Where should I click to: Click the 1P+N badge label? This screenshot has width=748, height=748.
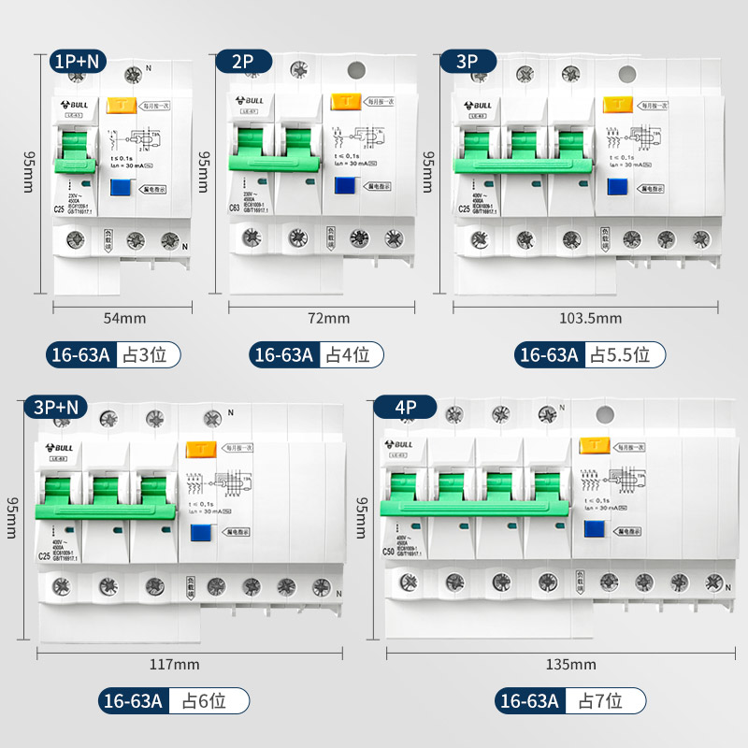79,62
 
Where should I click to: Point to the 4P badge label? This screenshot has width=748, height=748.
405,407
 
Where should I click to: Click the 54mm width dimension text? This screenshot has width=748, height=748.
124,318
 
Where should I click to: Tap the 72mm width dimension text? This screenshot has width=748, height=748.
328,318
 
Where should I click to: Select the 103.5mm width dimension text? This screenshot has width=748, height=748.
590,318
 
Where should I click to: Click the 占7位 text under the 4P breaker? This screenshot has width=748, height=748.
606,699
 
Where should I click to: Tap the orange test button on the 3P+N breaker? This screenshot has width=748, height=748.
198,450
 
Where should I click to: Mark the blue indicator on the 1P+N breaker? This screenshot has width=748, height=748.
120,186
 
